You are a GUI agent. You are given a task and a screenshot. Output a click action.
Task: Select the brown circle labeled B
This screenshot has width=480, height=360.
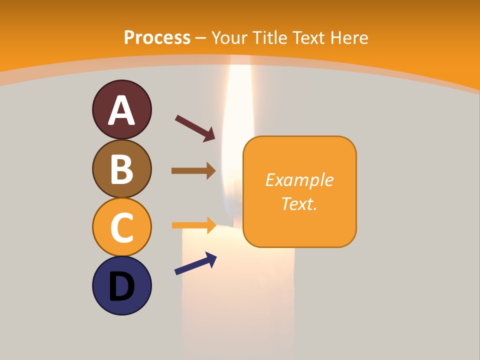(x=121, y=168)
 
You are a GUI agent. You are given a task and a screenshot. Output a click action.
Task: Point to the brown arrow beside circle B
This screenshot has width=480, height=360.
(x=193, y=171)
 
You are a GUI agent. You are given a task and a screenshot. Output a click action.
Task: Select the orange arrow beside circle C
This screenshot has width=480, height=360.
(x=193, y=225)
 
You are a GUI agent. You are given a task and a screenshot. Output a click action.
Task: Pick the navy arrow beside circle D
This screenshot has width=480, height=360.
(x=195, y=263)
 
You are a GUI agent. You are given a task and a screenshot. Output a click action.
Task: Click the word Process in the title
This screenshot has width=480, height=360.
(x=157, y=37)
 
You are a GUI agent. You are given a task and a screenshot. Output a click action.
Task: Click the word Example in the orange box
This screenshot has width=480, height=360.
(x=299, y=180)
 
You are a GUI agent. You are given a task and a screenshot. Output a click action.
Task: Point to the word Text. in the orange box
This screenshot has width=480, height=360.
(x=299, y=203)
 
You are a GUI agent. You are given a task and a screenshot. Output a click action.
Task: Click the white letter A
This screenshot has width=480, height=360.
(x=121, y=111)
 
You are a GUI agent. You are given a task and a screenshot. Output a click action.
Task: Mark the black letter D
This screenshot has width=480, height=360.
(x=121, y=287)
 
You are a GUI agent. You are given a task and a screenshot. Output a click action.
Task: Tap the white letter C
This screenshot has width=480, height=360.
(x=121, y=228)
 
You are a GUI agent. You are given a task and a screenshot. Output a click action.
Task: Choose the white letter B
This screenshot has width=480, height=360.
(x=121, y=169)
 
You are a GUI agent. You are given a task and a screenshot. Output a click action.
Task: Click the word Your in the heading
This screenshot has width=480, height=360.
(x=229, y=37)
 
